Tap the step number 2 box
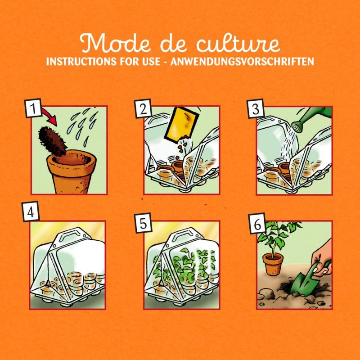click(143, 109)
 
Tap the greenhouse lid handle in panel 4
click(67, 234)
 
